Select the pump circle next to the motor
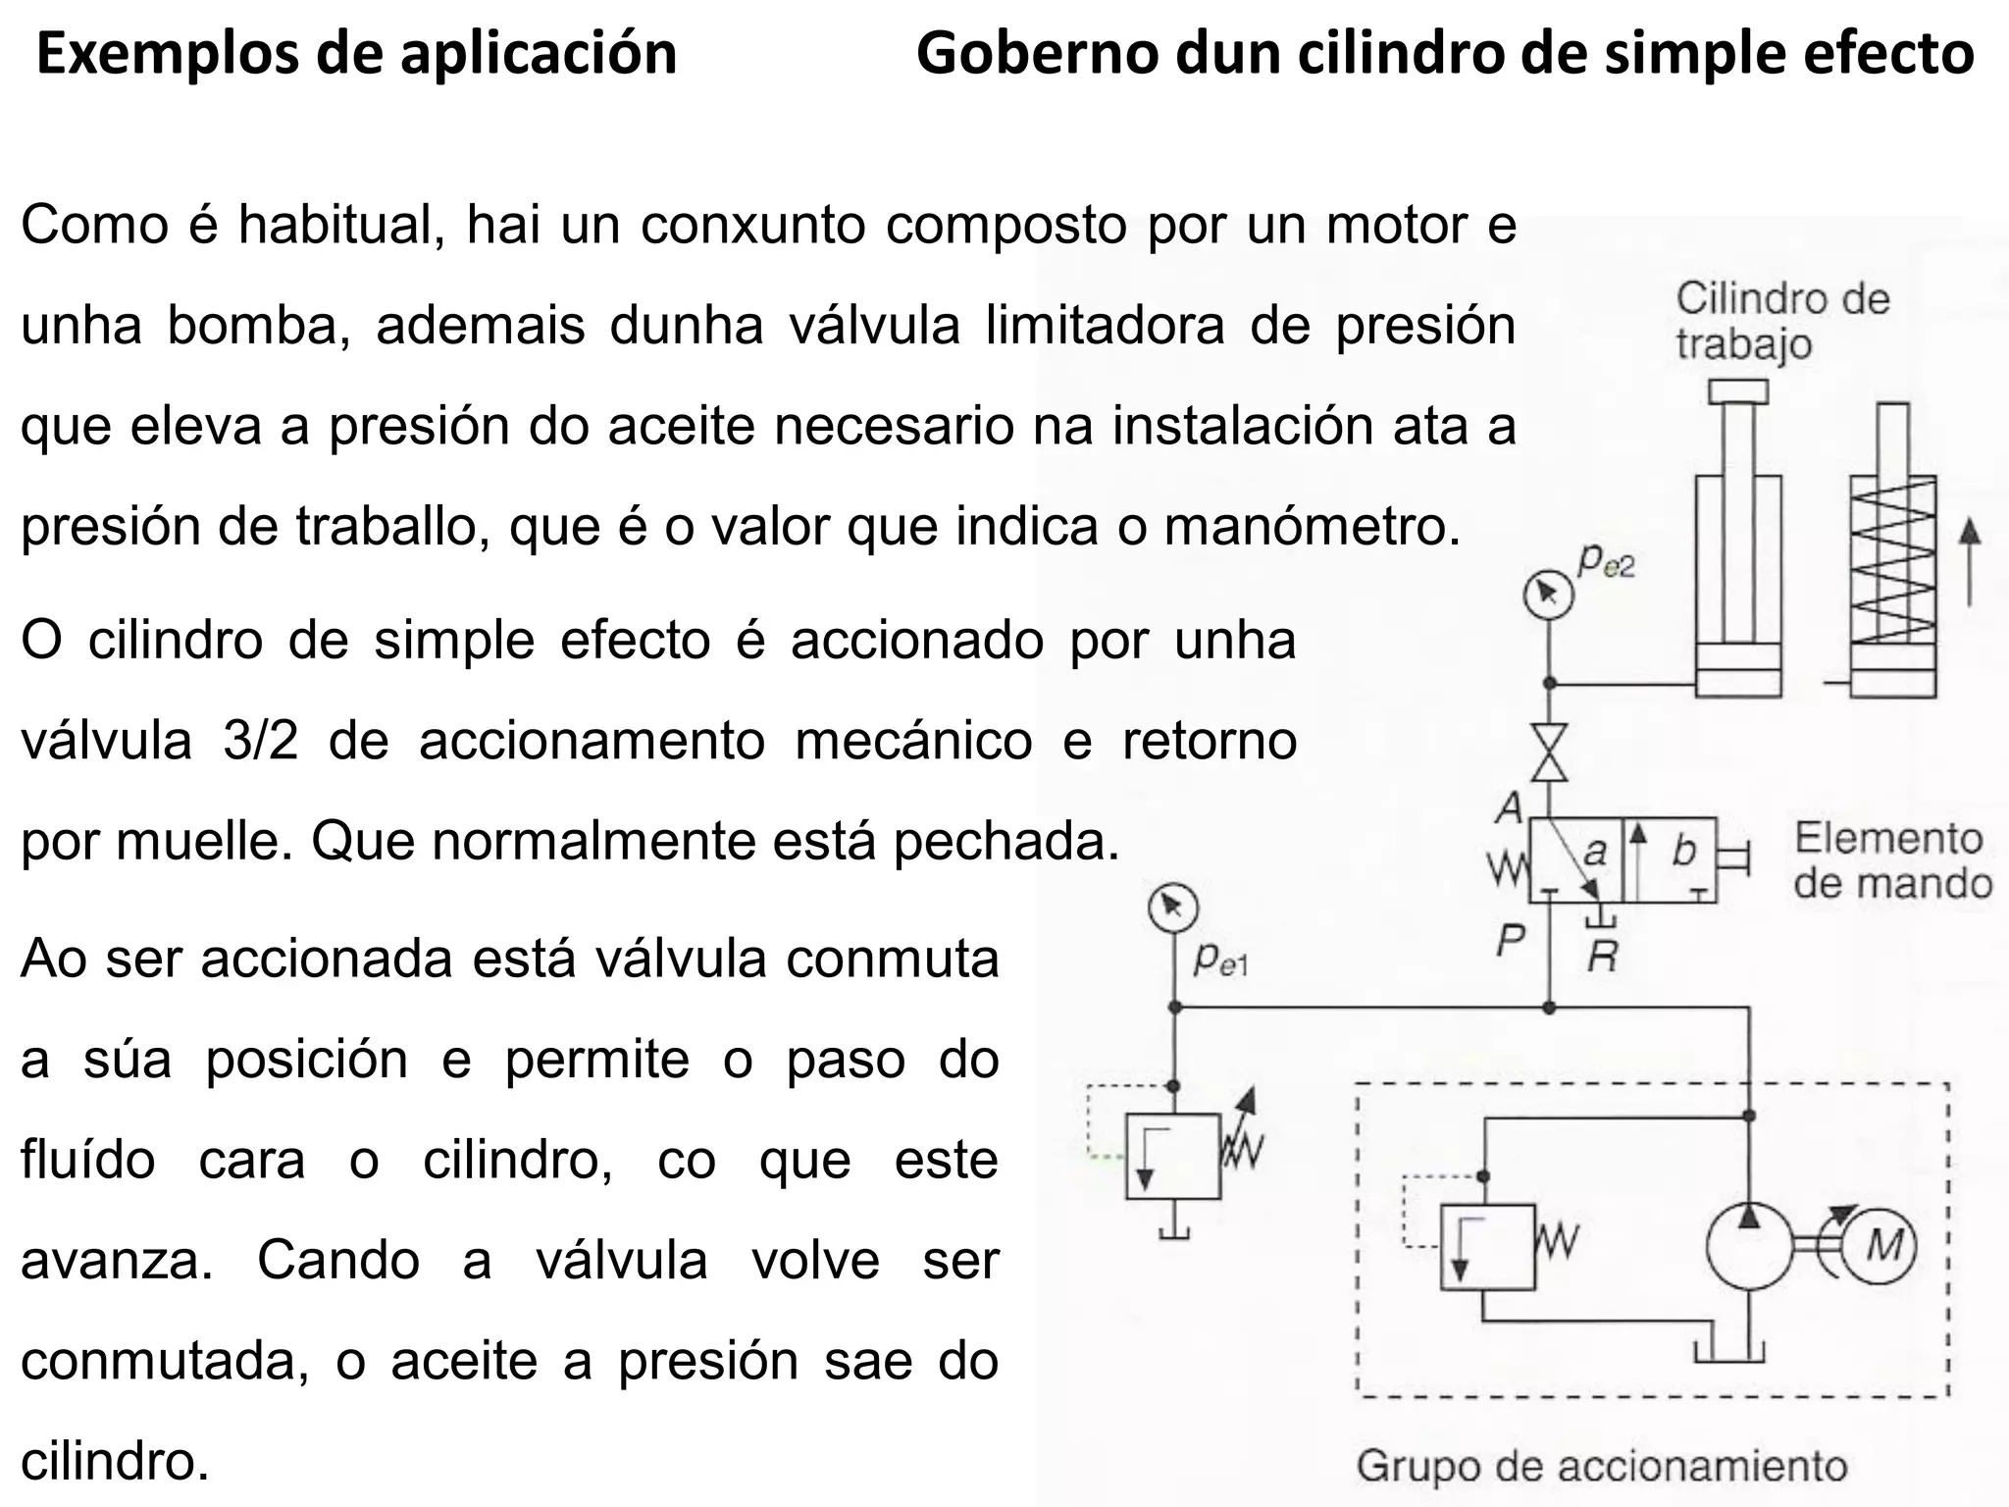point(1749,1247)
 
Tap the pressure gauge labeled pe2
point(1549,595)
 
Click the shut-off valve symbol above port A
point(1550,752)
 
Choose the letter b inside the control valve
point(1684,851)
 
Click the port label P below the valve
point(1511,941)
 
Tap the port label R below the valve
point(1603,954)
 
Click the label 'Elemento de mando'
point(1892,861)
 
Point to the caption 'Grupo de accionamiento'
point(1602,1466)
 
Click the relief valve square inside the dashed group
point(1487,1247)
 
